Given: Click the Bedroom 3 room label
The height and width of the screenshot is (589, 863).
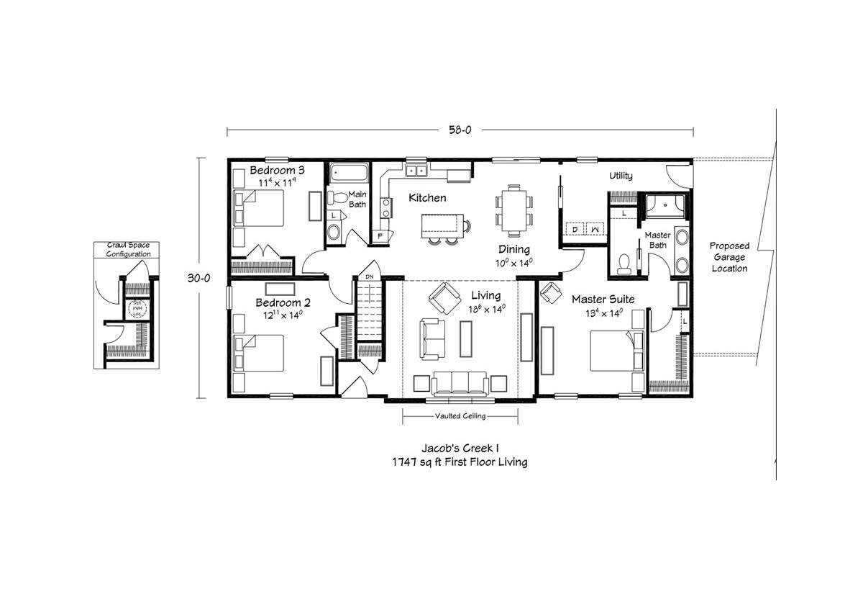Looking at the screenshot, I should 278,171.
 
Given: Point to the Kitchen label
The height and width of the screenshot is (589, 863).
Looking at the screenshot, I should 427,197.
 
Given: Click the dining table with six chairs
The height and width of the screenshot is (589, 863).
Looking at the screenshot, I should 513,210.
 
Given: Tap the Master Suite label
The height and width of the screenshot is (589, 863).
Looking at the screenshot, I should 603,298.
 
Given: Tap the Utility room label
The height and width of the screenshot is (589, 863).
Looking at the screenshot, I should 621,176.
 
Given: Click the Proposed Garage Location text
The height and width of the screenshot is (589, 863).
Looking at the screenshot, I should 729,257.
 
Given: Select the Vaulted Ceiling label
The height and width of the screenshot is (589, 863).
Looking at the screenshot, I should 460,416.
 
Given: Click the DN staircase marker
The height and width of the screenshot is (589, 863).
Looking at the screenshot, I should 369,276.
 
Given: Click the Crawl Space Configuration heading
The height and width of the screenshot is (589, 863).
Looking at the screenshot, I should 129,250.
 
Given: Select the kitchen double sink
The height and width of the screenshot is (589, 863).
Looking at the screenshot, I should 416,171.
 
